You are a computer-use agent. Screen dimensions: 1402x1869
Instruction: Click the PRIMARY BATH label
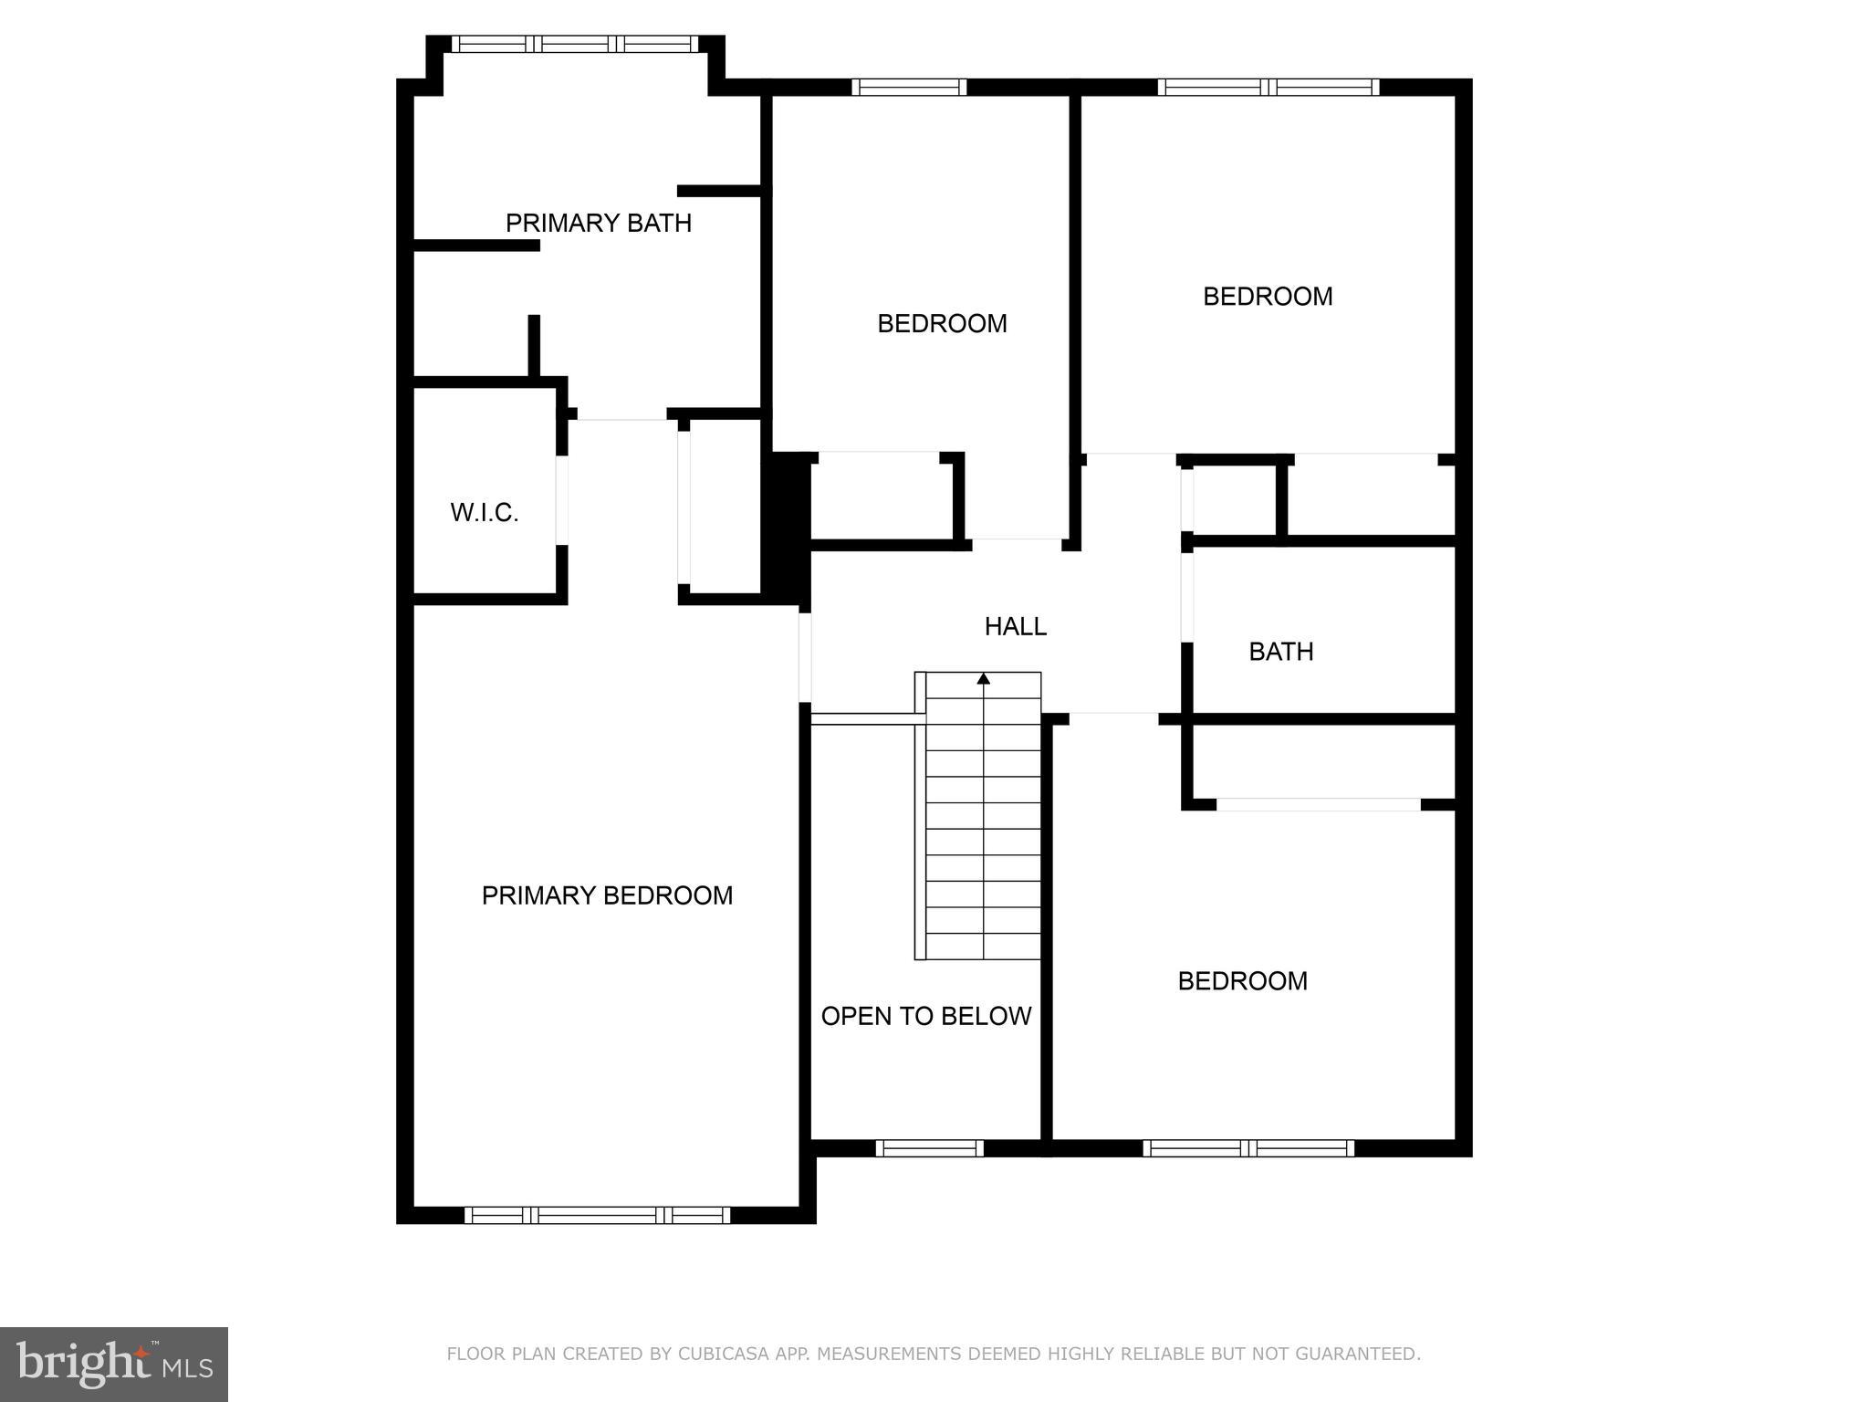click(x=598, y=223)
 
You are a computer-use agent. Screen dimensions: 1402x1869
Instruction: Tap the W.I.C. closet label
click(x=484, y=513)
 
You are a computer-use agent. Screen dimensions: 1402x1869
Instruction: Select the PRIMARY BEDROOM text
click(x=607, y=895)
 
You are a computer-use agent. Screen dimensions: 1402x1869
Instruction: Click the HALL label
click(x=1015, y=626)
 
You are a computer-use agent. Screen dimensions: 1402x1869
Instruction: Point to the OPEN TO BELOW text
click(x=925, y=1016)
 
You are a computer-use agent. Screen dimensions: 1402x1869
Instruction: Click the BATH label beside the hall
click(x=1280, y=652)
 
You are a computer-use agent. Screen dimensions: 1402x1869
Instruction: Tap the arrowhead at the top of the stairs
click(x=984, y=679)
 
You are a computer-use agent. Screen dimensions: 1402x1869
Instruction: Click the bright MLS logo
click(x=113, y=1364)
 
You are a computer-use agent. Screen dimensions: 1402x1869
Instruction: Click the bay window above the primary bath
click(x=575, y=44)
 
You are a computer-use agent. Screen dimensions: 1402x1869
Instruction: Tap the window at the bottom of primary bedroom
click(x=597, y=1215)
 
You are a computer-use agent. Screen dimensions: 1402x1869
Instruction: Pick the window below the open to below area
click(x=929, y=1148)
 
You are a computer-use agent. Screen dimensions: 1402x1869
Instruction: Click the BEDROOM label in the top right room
click(x=1268, y=297)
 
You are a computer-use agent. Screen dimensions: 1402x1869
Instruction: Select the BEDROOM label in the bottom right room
click(x=1242, y=981)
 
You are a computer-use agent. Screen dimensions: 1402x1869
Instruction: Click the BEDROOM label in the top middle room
click(x=942, y=323)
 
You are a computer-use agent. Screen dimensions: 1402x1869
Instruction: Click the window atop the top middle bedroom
click(x=909, y=87)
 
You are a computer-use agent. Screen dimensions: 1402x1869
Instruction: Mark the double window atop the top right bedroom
click(x=1269, y=87)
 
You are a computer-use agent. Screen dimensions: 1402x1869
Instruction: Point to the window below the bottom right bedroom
click(x=1248, y=1148)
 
